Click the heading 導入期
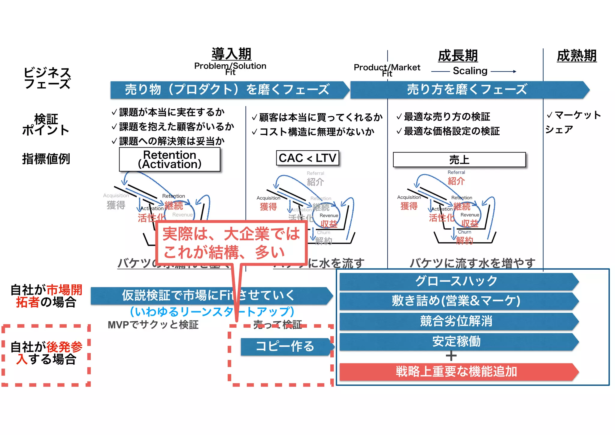click(x=231, y=54)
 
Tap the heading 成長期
click(x=458, y=56)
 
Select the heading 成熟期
click(x=577, y=56)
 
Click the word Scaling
click(x=470, y=71)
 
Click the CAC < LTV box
click(x=307, y=158)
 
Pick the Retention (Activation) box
click(x=170, y=159)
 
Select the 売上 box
click(x=459, y=160)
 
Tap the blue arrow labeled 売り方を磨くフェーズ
click(x=467, y=90)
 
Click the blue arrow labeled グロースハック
click(x=456, y=281)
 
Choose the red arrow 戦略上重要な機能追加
click(x=456, y=372)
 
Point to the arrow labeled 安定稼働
click(x=456, y=342)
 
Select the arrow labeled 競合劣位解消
click(x=456, y=321)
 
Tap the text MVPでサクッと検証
click(x=153, y=325)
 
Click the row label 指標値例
click(x=46, y=159)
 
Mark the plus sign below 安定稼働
click(x=451, y=356)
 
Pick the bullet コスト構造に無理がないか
click(x=317, y=132)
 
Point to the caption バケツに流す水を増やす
click(x=473, y=263)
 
